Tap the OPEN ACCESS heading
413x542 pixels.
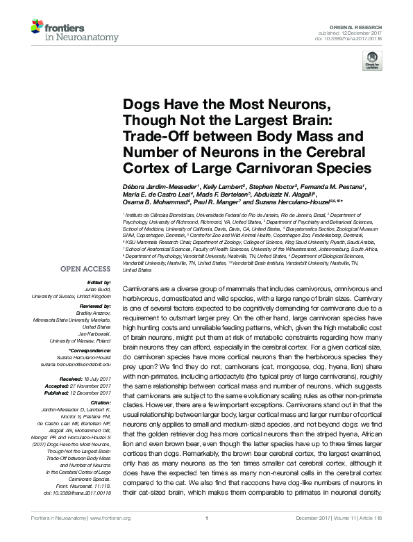point(85,267)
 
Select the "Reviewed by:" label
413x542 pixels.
point(94,305)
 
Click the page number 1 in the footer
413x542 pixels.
point(206,536)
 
